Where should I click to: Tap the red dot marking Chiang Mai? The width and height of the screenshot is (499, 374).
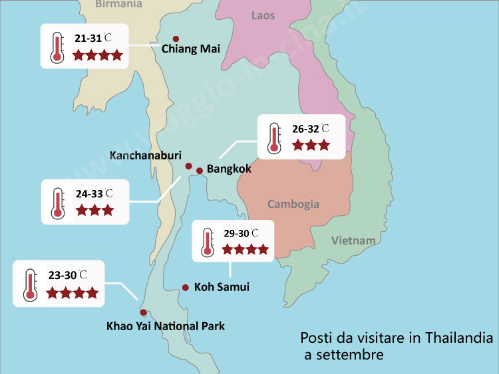coord(176,39)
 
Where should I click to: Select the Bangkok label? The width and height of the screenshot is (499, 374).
coord(229,169)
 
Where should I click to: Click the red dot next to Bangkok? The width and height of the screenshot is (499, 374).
coord(199,170)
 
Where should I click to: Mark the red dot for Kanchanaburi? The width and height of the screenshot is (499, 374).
coord(188,166)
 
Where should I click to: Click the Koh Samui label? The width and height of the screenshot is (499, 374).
coord(222,288)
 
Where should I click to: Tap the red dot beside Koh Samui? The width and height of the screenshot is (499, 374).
coord(185,288)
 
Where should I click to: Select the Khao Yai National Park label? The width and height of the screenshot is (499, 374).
coord(166,326)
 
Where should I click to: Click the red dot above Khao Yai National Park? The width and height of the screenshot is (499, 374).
coord(143,312)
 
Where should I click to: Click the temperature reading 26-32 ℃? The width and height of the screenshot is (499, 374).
coord(310,128)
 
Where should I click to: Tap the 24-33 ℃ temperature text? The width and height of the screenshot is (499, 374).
coord(94,194)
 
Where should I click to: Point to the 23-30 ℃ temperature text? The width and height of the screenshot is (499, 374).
coord(68,274)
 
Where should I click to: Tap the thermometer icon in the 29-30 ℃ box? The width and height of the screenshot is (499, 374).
coord(207,242)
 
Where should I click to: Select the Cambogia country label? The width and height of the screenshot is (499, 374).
coord(293,204)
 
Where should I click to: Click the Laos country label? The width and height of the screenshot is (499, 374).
coord(263,15)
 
